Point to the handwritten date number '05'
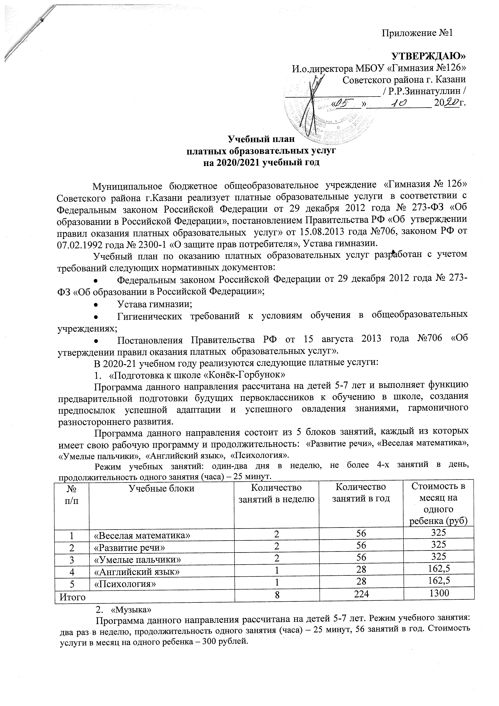pos(348,104)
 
